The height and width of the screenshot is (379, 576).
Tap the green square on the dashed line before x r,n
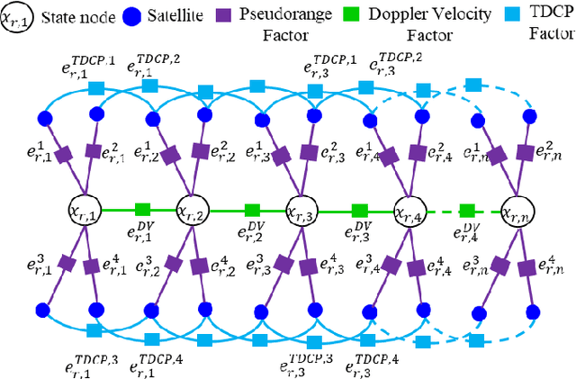[x=466, y=211]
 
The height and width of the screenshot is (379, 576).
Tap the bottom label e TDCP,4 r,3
[x=371, y=360]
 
